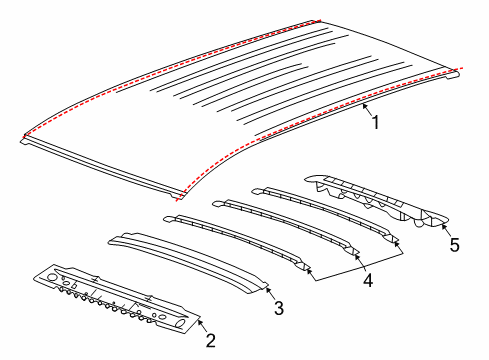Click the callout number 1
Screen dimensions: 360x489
(375, 123)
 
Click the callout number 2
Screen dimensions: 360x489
(210, 340)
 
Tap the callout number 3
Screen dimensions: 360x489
(279, 308)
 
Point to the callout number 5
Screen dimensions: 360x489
(455, 243)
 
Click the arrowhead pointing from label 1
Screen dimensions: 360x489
(362, 103)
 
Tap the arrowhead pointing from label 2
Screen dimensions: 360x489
(197, 322)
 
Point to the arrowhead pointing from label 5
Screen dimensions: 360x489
(441, 226)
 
